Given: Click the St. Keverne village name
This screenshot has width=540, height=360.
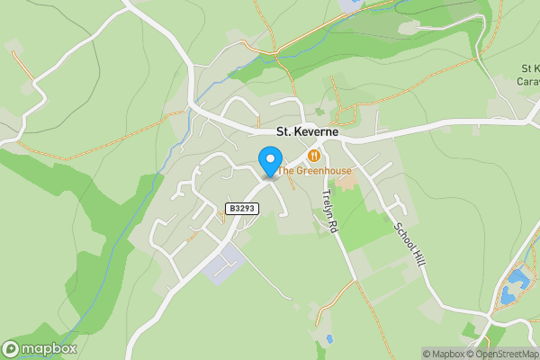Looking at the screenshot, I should [x=307, y=131].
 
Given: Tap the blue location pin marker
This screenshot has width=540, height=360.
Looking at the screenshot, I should [x=269, y=162].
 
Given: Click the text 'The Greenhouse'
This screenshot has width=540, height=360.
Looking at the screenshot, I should [x=314, y=170].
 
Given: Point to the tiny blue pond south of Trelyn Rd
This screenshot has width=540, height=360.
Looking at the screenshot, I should [x=330, y=339].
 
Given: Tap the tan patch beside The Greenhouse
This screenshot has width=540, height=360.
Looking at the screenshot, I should [x=346, y=181].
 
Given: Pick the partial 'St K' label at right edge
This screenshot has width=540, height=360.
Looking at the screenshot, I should [x=529, y=68].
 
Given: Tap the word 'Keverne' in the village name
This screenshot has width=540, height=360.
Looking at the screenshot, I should [x=317, y=131].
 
